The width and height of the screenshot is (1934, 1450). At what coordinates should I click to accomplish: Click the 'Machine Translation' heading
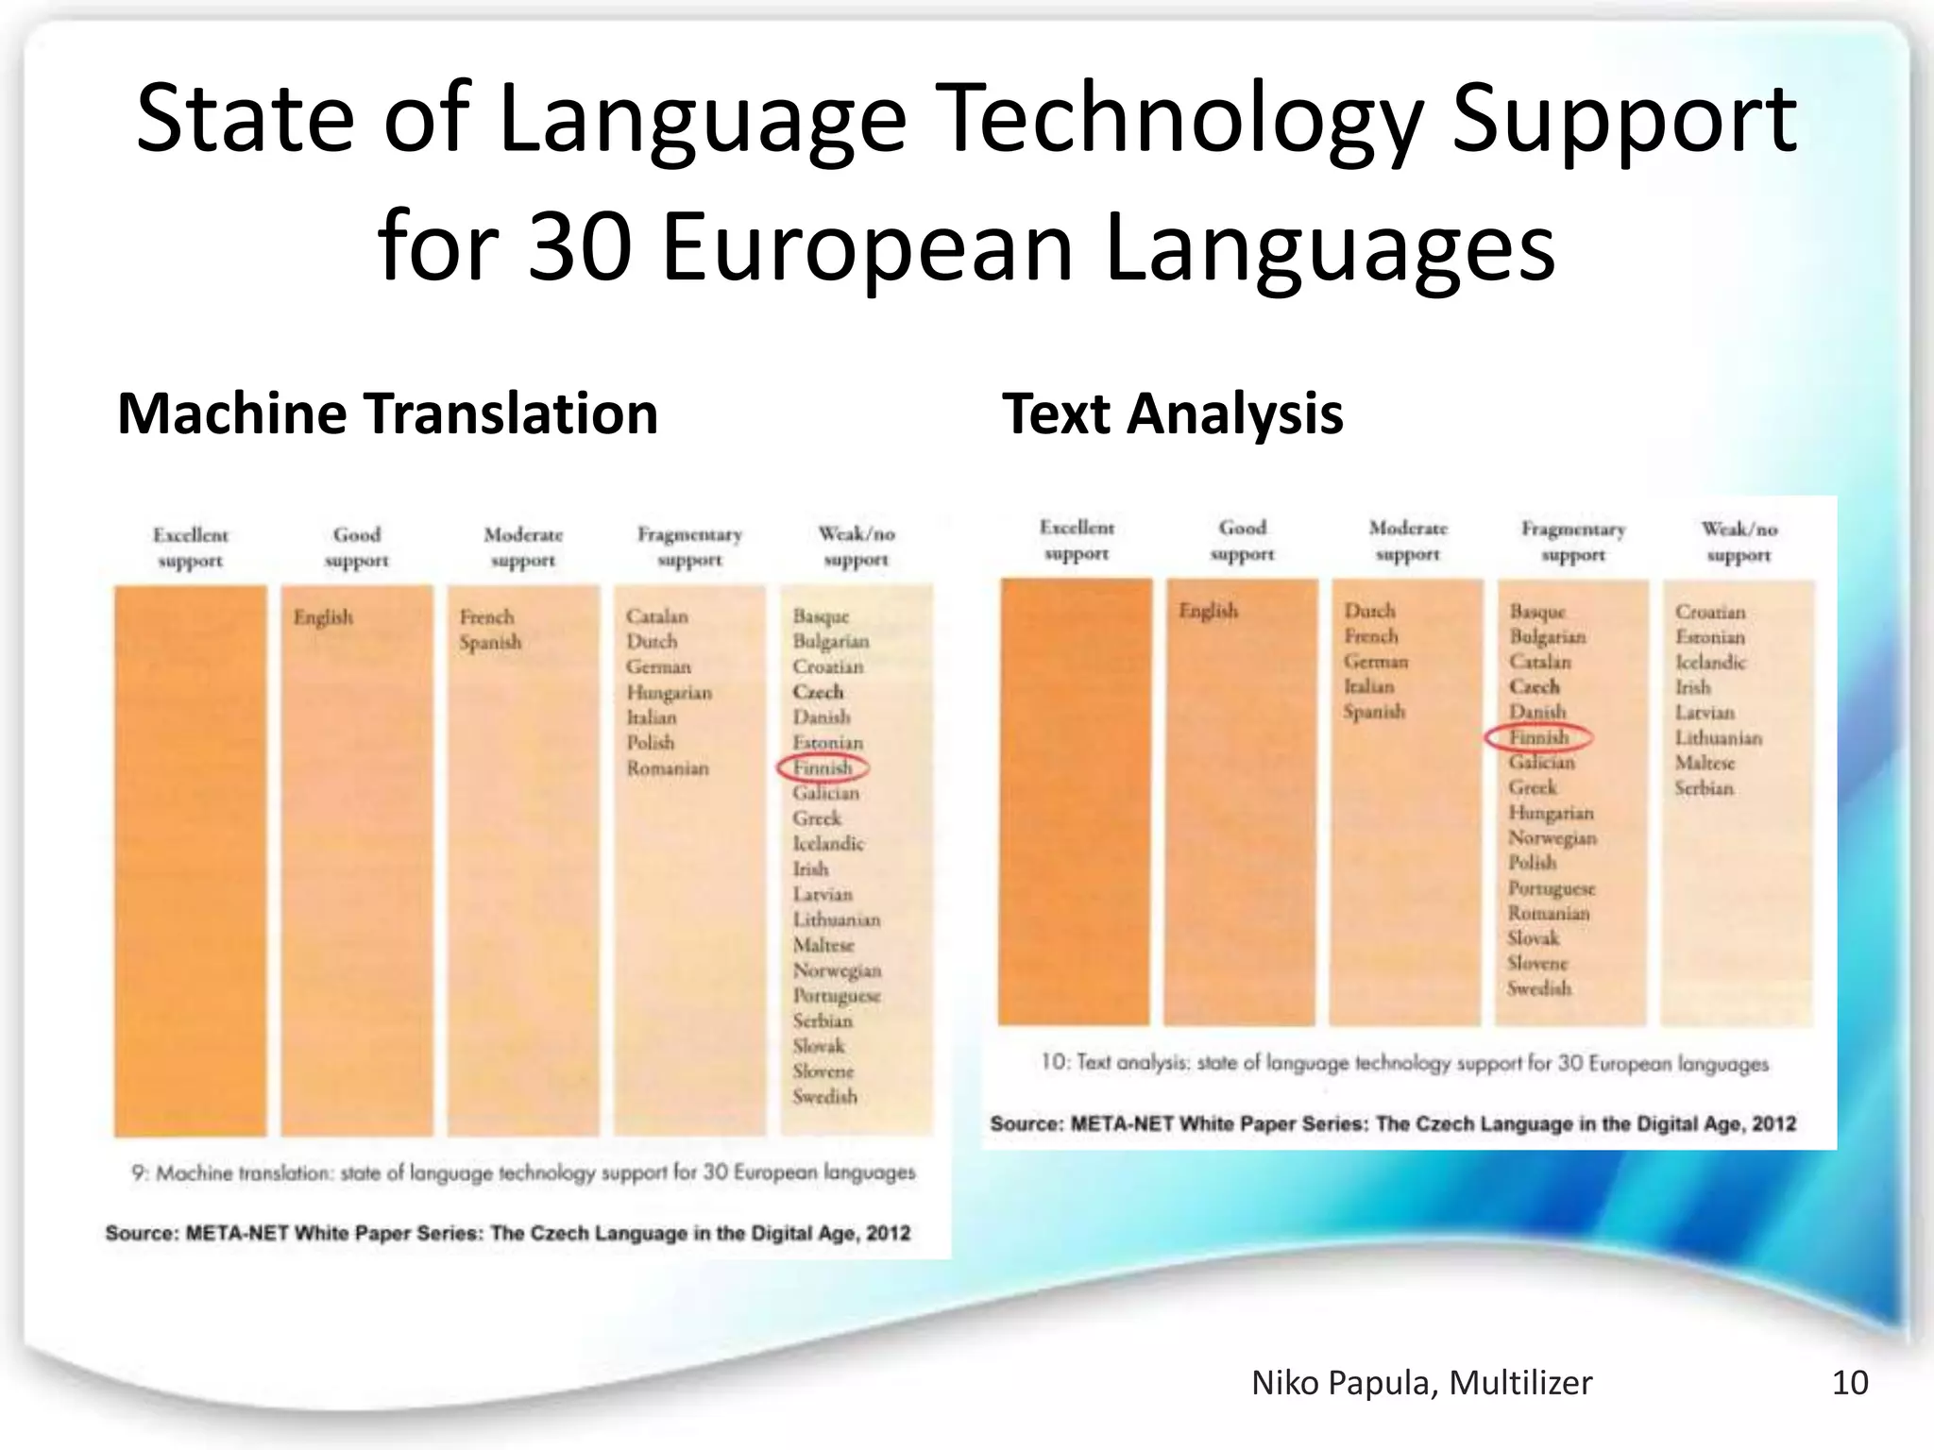[x=387, y=413]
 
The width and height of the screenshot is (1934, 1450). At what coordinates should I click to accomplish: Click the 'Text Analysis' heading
[x=1172, y=413]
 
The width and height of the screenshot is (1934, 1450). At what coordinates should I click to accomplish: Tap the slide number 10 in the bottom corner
[x=1849, y=1383]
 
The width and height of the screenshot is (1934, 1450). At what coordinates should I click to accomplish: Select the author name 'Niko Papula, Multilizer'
[x=1421, y=1383]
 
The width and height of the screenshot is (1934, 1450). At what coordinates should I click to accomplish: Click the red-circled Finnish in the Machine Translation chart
[x=823, y=767]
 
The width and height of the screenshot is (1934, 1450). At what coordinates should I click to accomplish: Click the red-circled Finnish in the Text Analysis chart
[x=1538, y=737]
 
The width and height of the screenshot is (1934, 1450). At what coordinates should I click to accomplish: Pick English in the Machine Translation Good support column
[x=323, y=617]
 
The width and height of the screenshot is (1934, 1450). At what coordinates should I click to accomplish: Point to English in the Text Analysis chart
[x=1208, y=611]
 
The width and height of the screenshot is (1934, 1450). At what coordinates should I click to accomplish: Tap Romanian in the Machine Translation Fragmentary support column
[x=668, y=768]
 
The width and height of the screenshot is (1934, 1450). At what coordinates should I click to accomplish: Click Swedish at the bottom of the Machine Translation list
[x=824, y=1097]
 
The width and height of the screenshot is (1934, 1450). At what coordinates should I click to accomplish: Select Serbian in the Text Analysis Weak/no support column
[x=1704, y=788]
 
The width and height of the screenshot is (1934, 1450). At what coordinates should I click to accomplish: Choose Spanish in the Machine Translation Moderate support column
[x=490, y=643]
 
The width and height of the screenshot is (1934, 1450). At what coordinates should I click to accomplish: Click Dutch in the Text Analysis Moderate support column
[x=1369, y=611]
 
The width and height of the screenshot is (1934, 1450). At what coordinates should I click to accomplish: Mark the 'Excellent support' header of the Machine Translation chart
[x=191, y=548]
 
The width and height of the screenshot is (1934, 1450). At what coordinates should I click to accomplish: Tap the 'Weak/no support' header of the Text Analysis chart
[x=1739, y=542]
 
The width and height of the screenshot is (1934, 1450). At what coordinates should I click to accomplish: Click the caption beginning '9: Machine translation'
[x=523, y=1173]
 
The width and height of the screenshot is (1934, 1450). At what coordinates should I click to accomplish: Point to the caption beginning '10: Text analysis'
[x=1404, y=1064]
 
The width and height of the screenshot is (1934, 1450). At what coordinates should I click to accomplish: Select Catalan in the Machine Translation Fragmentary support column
[x=657, y=616]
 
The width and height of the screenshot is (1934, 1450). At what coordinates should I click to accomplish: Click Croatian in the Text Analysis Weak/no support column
[x=1710, y=612]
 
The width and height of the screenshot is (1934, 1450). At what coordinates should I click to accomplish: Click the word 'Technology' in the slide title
[x=1183, y=119]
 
